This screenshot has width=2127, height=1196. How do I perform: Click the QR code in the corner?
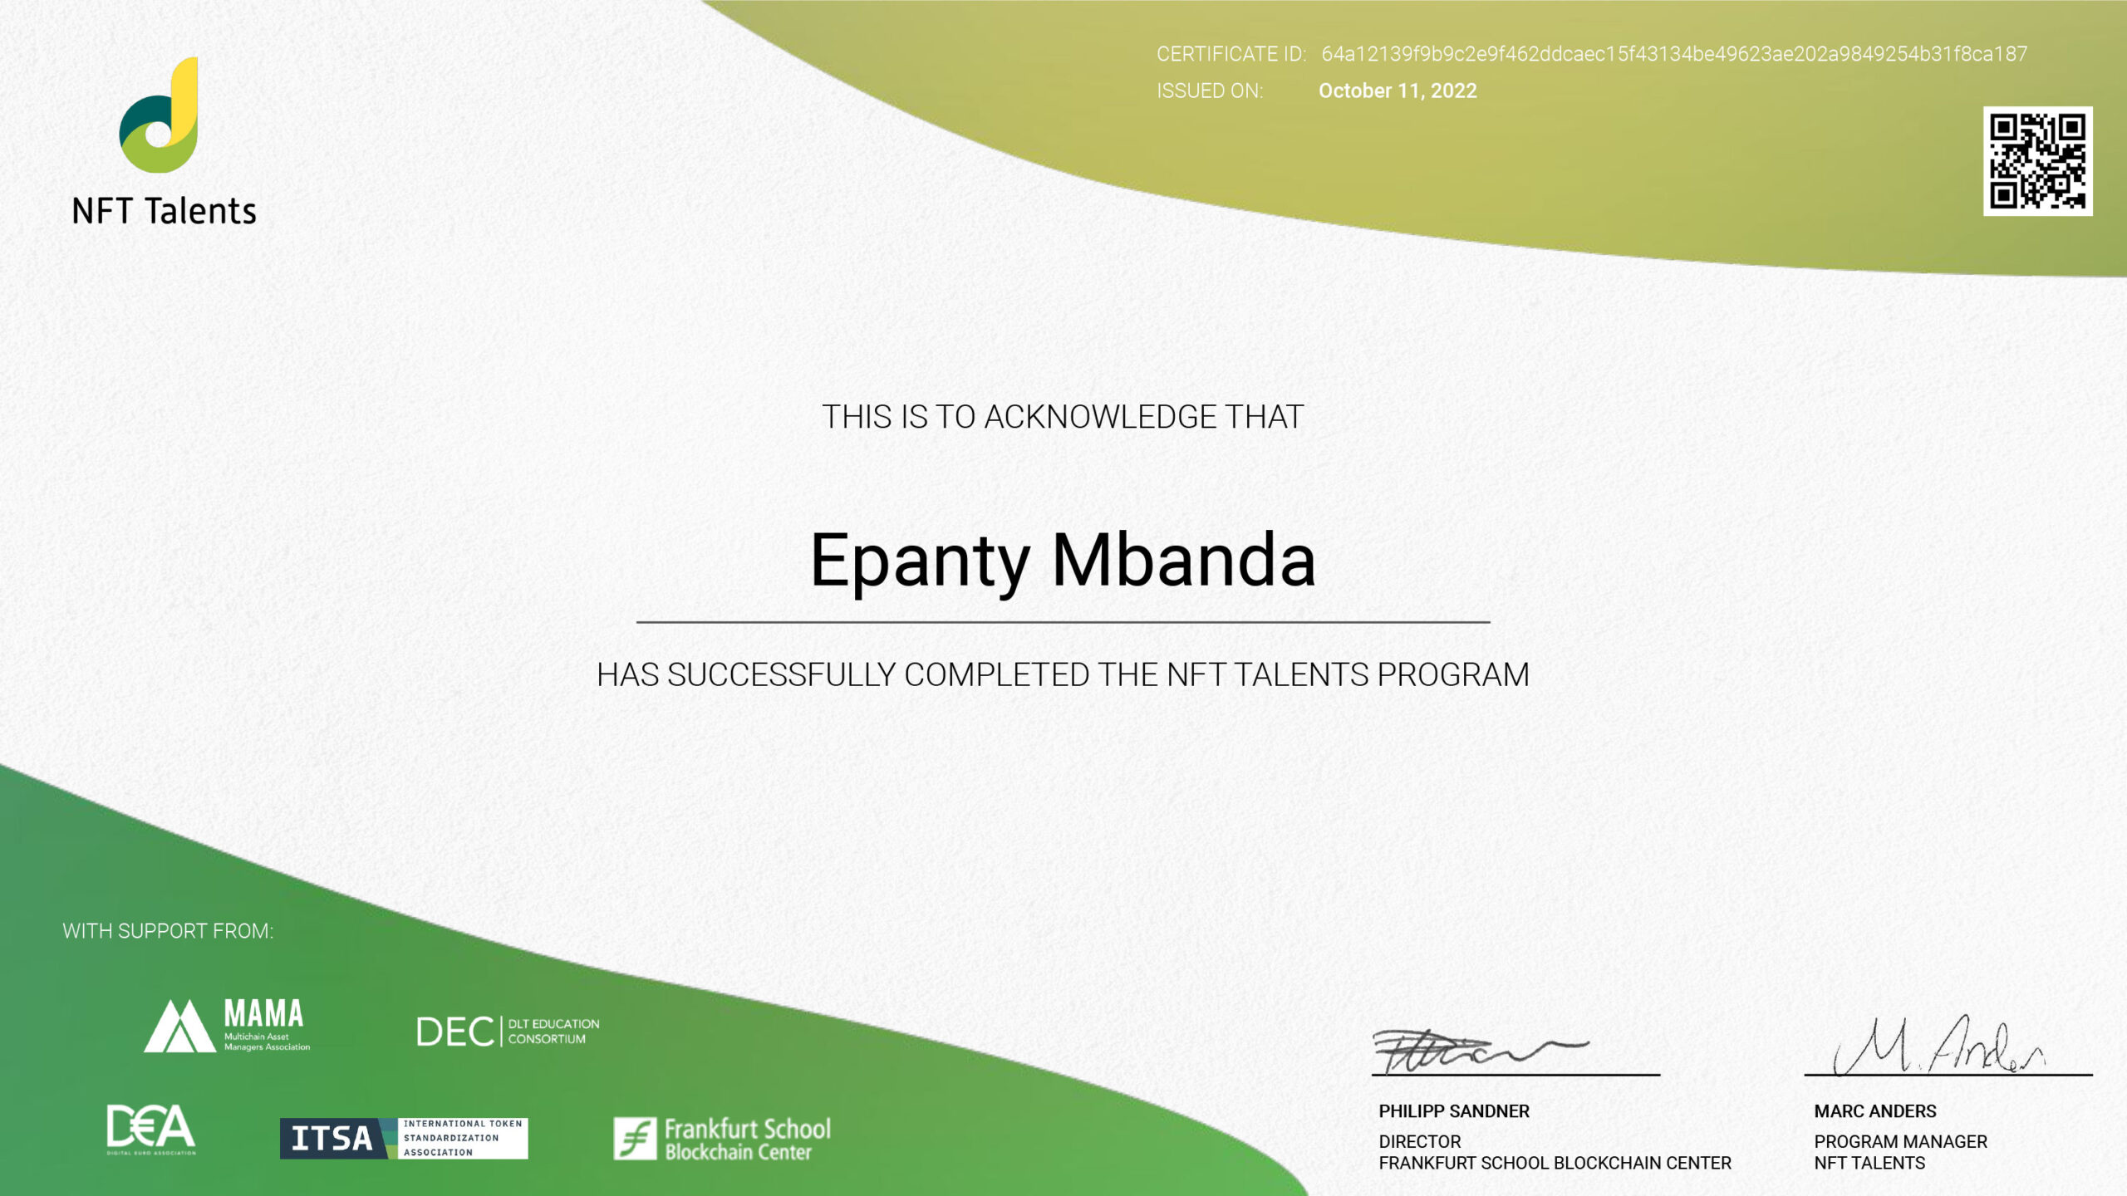click(x=2037, y=161)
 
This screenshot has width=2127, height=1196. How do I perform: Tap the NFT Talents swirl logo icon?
click(x=160, y=116)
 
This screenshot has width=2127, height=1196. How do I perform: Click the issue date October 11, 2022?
click(x=1398, y=91)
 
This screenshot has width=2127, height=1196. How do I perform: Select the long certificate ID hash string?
click(x=1673, y=54)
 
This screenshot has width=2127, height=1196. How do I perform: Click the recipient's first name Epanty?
click(x=919, y=561)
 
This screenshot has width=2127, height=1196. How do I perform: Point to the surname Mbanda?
click(x=1183, y=560)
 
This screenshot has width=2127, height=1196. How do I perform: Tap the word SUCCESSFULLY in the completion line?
click(x=781, y=675)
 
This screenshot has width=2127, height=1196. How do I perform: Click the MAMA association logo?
click(x=227, y=1025)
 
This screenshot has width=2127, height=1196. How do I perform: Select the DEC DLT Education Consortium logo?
click(x=507, y=1032)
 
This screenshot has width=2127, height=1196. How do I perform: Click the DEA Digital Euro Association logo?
click(x=151, y=1129)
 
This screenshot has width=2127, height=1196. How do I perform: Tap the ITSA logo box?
click(x=404, y=1138)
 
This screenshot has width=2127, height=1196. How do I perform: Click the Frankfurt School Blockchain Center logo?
click(x=721, y=1139)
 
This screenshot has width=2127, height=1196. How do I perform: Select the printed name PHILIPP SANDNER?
click(x=1453, y=1111)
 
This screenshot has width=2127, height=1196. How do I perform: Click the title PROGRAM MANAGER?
click(x=1900, y=1142)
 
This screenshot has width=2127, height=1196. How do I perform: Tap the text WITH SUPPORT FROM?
click(x=168, y=931)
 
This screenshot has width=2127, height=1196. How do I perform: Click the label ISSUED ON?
click(x=1209, y=91)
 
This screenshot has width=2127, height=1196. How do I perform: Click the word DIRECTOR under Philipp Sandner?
click(x=1419, y=1142)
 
